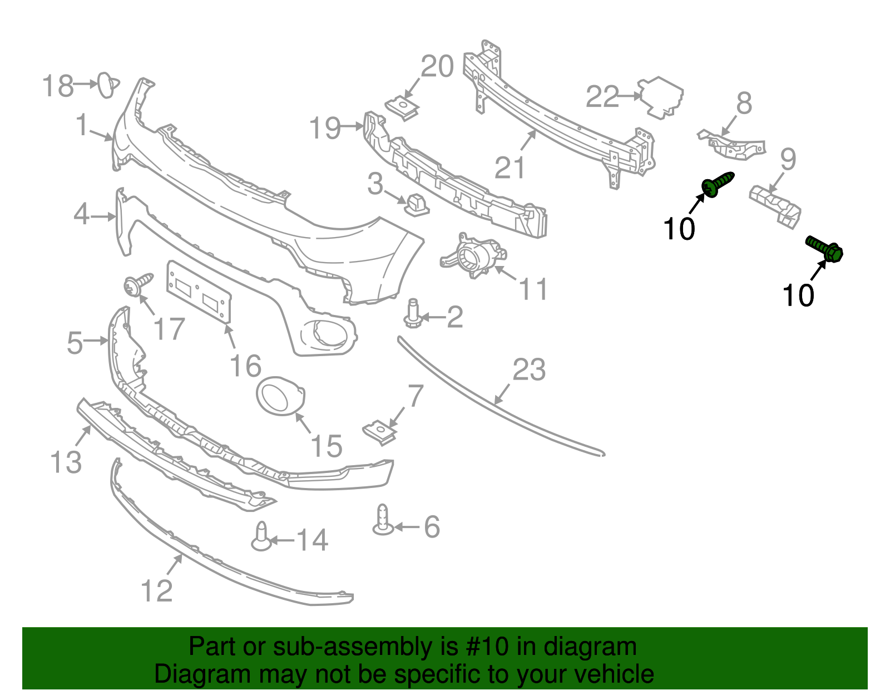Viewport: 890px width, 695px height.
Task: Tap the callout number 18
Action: coord(57,86)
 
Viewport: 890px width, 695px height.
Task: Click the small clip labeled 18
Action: coord(106,85)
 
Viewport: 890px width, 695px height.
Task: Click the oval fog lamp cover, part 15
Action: coord(280,396)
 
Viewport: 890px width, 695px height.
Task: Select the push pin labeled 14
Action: coord(261,537)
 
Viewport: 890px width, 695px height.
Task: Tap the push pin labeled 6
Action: coord(383,520)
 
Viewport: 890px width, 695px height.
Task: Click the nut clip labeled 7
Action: coord(379,432)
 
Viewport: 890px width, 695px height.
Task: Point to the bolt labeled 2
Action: coord(412,315)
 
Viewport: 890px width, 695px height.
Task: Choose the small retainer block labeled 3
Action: coord(416,204)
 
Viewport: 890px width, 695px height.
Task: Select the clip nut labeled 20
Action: coord(402,107)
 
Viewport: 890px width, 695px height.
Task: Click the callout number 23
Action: coord(528,369)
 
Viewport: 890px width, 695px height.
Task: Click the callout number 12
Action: coord(156,590)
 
